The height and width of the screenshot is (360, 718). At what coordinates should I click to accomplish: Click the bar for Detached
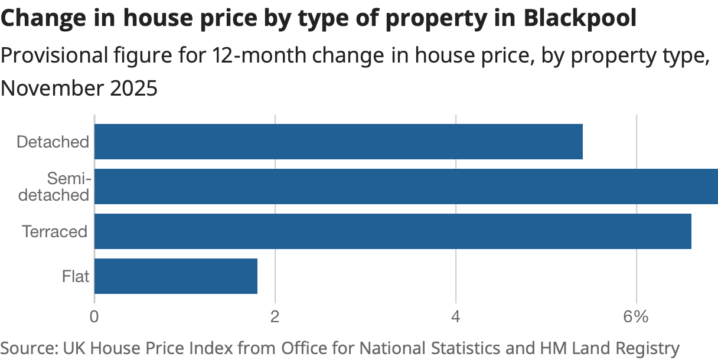[338, 142]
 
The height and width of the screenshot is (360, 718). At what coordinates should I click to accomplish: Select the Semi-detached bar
[406, 186]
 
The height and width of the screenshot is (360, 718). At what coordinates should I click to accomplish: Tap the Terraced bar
[393, 231]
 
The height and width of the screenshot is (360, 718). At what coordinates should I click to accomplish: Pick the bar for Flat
[176, 276]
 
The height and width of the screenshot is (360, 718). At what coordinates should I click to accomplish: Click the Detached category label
[53, 142]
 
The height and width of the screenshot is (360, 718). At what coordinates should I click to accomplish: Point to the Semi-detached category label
[54, 186]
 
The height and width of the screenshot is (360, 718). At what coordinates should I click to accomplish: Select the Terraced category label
[54, 231]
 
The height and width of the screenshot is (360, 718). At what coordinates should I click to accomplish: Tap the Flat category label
[76, 276]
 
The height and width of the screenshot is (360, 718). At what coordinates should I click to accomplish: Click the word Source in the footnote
[26, 348]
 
